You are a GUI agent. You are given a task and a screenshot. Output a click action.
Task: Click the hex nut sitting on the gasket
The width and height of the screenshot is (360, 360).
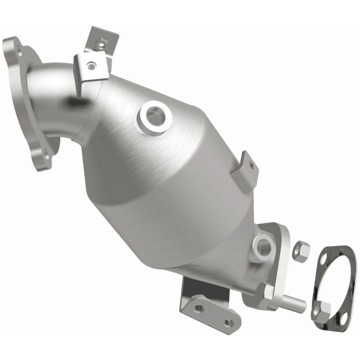pos(321,310)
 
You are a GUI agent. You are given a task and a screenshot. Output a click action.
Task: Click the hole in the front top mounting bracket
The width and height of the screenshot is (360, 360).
pos(91,67)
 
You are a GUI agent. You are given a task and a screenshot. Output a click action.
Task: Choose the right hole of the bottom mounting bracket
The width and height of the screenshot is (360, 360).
pos(228,322)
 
